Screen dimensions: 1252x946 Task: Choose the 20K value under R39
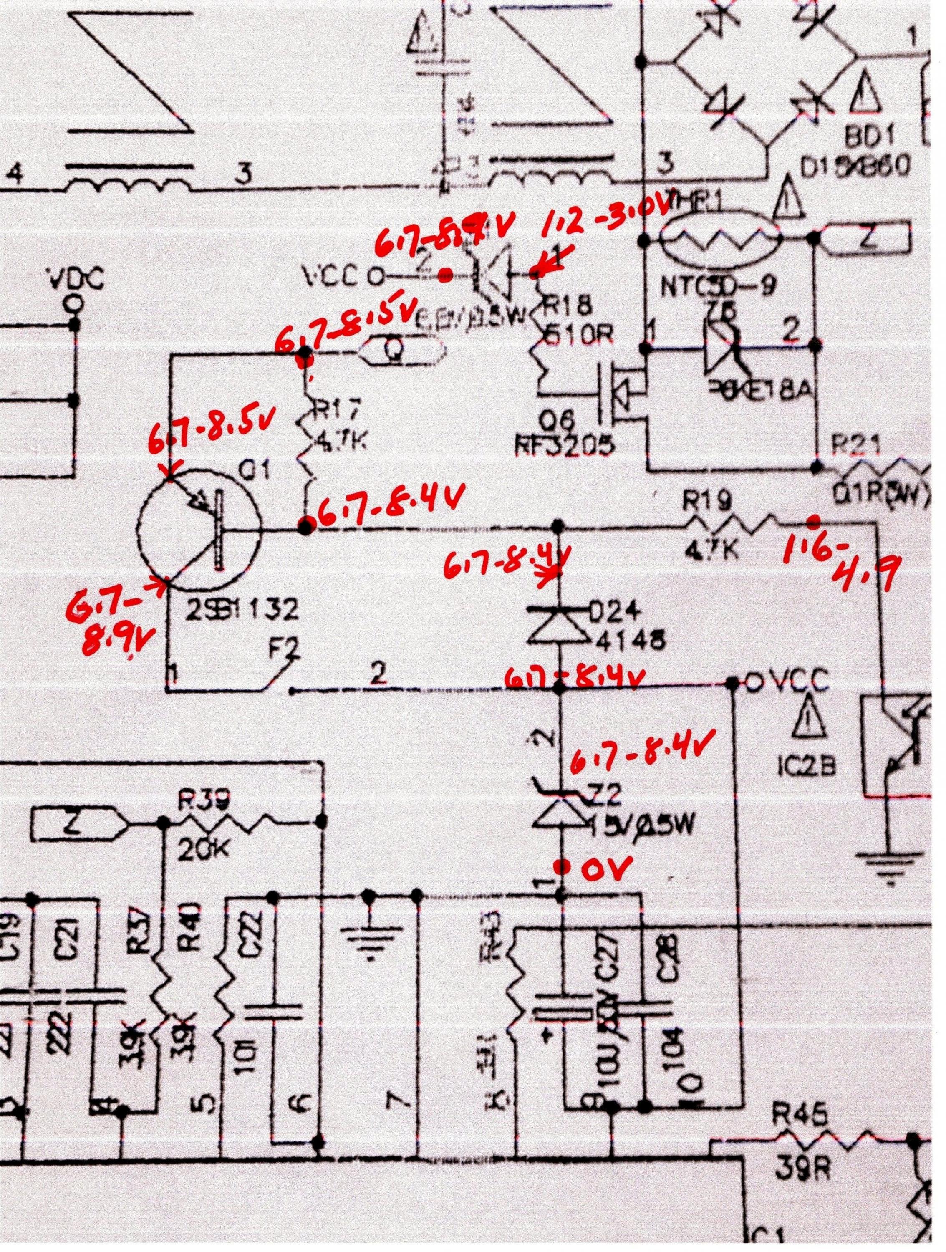click(198, 847)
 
